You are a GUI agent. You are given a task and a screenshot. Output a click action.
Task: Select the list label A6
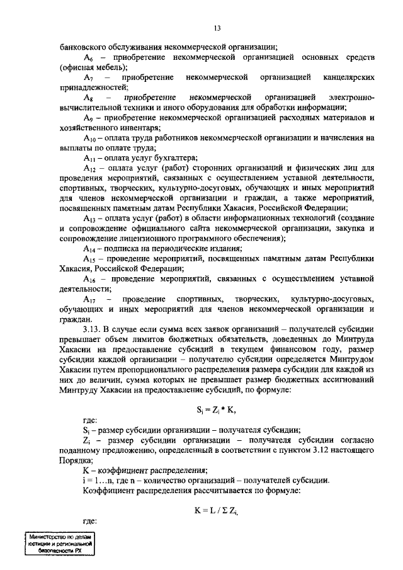tap(89, 57)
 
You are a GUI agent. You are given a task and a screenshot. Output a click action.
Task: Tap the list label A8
tap(89, 98)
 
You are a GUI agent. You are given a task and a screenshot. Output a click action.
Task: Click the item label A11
tap(90, 157)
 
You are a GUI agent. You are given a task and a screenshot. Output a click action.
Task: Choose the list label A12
tap(91, 168)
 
